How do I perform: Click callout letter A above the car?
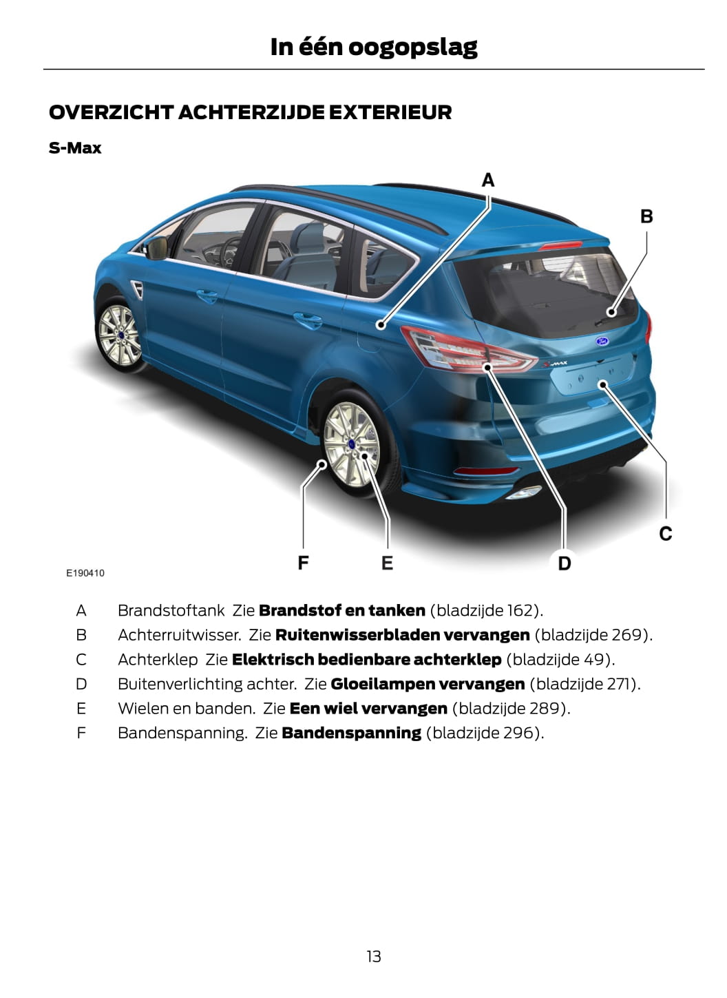(x=488, y=180)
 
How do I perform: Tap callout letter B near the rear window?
(x=646, y=216)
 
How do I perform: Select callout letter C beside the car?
(x=666, y=533)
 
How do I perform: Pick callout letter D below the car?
(x=565, y=563)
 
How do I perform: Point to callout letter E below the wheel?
(x=387, y=563)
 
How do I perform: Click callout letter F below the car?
(x=303, y=563)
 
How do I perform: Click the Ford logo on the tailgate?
(x=602, y=341)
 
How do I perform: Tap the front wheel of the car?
(x=119, y=335)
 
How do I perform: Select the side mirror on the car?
(x=156, y=248)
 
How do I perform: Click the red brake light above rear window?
(x=560, y=245)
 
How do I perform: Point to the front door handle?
(x=208, y=295)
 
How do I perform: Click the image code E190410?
(x=85, y=573)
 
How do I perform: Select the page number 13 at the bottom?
(x=374, y=957)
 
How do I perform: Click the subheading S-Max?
(x=75, y=148)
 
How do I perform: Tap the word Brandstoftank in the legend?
(x=171, y=610)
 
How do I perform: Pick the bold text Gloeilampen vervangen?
(x=428, y=684)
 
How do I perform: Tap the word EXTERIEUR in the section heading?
(x=390, y=112)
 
